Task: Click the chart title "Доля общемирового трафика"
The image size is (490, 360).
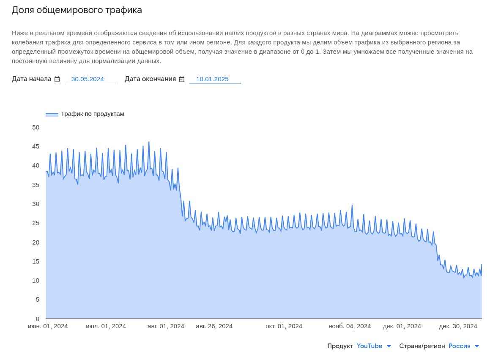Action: point(77,10)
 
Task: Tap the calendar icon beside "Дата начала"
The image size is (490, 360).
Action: point(57,79)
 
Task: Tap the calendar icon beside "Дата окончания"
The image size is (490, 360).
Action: point(182,79)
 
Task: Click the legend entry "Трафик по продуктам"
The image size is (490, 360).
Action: point(92,114)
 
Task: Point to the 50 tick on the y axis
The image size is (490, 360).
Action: point(36,127)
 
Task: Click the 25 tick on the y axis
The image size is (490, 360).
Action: point(36,223)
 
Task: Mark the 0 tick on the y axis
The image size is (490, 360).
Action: point(37,319)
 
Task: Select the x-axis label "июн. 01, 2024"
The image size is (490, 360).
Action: point(48,326)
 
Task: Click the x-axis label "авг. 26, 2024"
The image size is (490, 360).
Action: point(214,326)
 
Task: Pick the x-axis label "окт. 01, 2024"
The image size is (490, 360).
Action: point(284,326)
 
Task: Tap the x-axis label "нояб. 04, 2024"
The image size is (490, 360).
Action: point(350,326)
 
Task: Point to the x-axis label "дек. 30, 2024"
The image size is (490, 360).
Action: point(458,326)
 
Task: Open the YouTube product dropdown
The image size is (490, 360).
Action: point(374,346)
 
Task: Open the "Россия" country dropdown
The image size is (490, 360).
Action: point(464,346)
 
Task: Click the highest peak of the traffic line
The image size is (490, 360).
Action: point(149,142)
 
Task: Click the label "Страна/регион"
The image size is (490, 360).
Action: point(422,346)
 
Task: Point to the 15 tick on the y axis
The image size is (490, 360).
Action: point(36,261)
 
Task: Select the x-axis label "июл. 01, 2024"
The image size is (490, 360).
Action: point(106,326)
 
